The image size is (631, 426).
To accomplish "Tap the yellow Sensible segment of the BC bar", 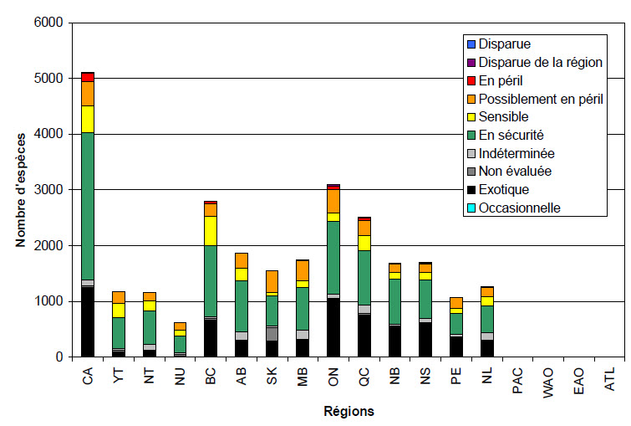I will pos(211,230).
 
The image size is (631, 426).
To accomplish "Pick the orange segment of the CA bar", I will pos(88,94).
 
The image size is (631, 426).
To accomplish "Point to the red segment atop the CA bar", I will pos(88,77).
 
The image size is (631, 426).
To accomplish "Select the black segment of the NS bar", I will pos(426,339).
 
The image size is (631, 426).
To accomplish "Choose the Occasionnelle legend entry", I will pos(521,208).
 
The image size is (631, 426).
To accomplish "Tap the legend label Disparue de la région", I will pos(540,62).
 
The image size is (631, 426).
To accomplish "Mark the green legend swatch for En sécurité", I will pos(471,135).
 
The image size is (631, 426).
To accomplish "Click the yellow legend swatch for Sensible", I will pos(471,117).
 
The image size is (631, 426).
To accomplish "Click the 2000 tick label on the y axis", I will pos(51,246).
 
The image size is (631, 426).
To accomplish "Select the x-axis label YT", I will pos(120,379).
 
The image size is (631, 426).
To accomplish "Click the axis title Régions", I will pos(349,412).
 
